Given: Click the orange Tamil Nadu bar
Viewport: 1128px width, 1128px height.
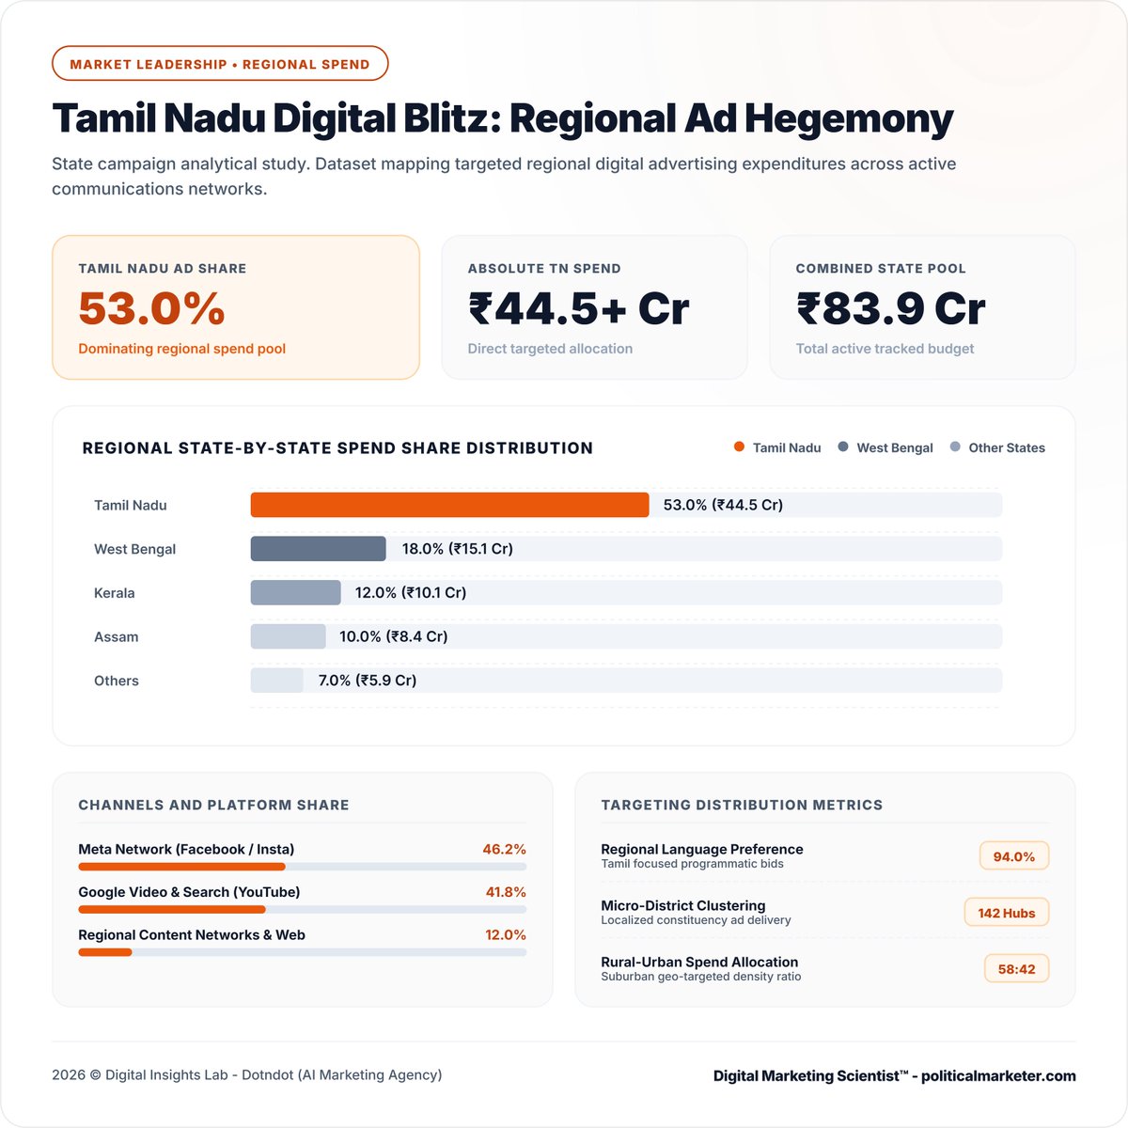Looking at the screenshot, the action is [x=449, y=505].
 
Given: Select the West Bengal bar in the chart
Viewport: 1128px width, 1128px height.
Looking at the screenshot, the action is [x=318, y=548].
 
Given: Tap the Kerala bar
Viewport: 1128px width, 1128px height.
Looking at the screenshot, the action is [x=295, y=592].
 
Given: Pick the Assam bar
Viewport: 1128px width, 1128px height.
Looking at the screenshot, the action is [x=288, y=636].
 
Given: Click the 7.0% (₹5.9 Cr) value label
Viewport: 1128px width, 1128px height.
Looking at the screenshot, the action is [x=367, y=681].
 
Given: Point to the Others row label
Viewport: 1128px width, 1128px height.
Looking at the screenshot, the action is [x=117, y=681].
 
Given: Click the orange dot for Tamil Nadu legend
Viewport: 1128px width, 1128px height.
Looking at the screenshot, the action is [x=739, y=446].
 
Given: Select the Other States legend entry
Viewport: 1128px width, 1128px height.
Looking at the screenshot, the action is [x=998, y=447].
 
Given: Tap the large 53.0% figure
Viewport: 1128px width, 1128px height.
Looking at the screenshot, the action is [x=151, y=308].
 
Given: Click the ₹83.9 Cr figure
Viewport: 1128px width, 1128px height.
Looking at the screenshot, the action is [x=891, y=308].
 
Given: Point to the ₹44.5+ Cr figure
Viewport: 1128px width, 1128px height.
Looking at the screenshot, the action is [x=579, y=308].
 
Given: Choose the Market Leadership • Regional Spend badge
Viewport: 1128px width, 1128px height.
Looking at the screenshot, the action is [x=220, y=63].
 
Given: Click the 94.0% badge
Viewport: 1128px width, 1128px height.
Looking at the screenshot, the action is [x=1014, y=856].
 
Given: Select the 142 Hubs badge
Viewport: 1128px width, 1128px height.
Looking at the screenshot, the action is [x=1006, y=913].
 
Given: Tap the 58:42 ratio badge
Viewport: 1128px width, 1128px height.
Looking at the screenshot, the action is [x=1016, y=969].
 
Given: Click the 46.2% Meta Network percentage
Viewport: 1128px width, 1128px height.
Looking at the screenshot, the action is [x=504, y=850].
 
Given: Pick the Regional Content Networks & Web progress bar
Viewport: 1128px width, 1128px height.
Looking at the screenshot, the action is [x=302, y=952].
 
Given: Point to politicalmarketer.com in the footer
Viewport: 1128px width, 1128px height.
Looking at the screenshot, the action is [x=998, y=1076].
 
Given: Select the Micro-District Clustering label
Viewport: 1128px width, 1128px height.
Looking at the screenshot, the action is [x=683, y=905].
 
